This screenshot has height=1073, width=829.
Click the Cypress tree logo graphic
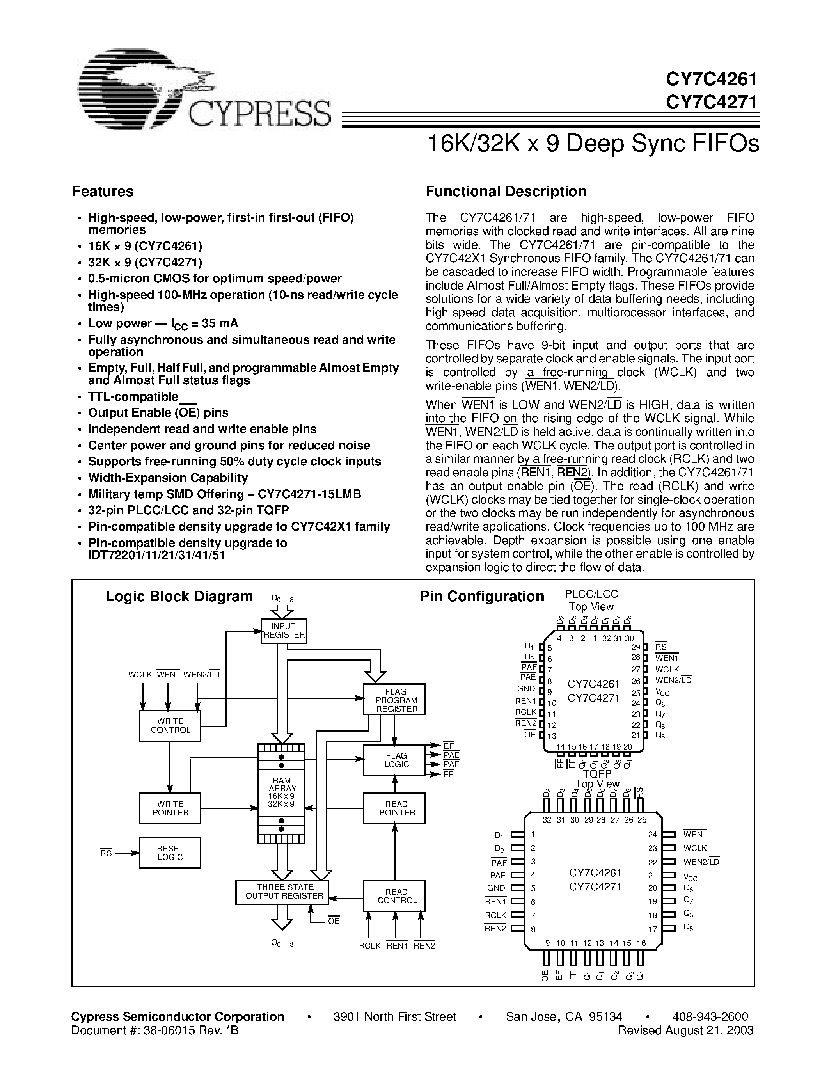click(142, 89)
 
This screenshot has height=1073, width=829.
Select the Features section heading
click(103, 192)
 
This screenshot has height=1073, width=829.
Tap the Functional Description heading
click(506, 192)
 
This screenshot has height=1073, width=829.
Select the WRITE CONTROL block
click(170, 726)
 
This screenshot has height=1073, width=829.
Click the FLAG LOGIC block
click(394, 760)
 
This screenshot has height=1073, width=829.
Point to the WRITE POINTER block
click(170, 808)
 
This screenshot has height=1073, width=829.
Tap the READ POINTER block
click(394, 808)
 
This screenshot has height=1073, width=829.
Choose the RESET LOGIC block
click(170, 853)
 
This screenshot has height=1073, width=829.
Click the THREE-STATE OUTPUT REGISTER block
click(282, 892)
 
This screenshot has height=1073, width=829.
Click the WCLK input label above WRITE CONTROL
click(140, 675)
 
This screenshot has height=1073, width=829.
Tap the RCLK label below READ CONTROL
click(369, 946)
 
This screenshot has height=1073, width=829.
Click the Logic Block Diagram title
click(179, 597)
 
